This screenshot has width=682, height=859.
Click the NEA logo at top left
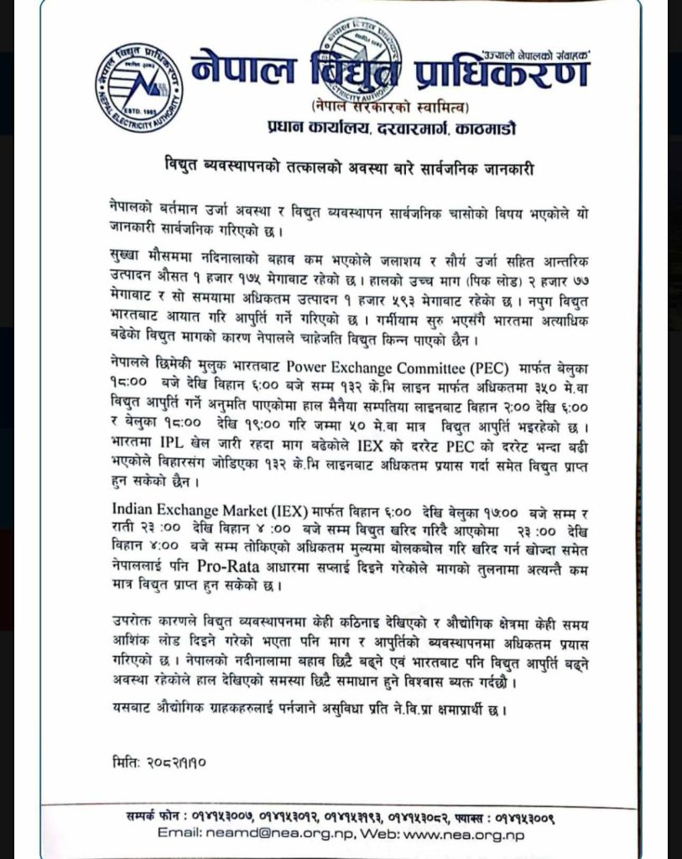point(138,87)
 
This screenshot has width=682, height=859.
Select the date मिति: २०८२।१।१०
point(156,764)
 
